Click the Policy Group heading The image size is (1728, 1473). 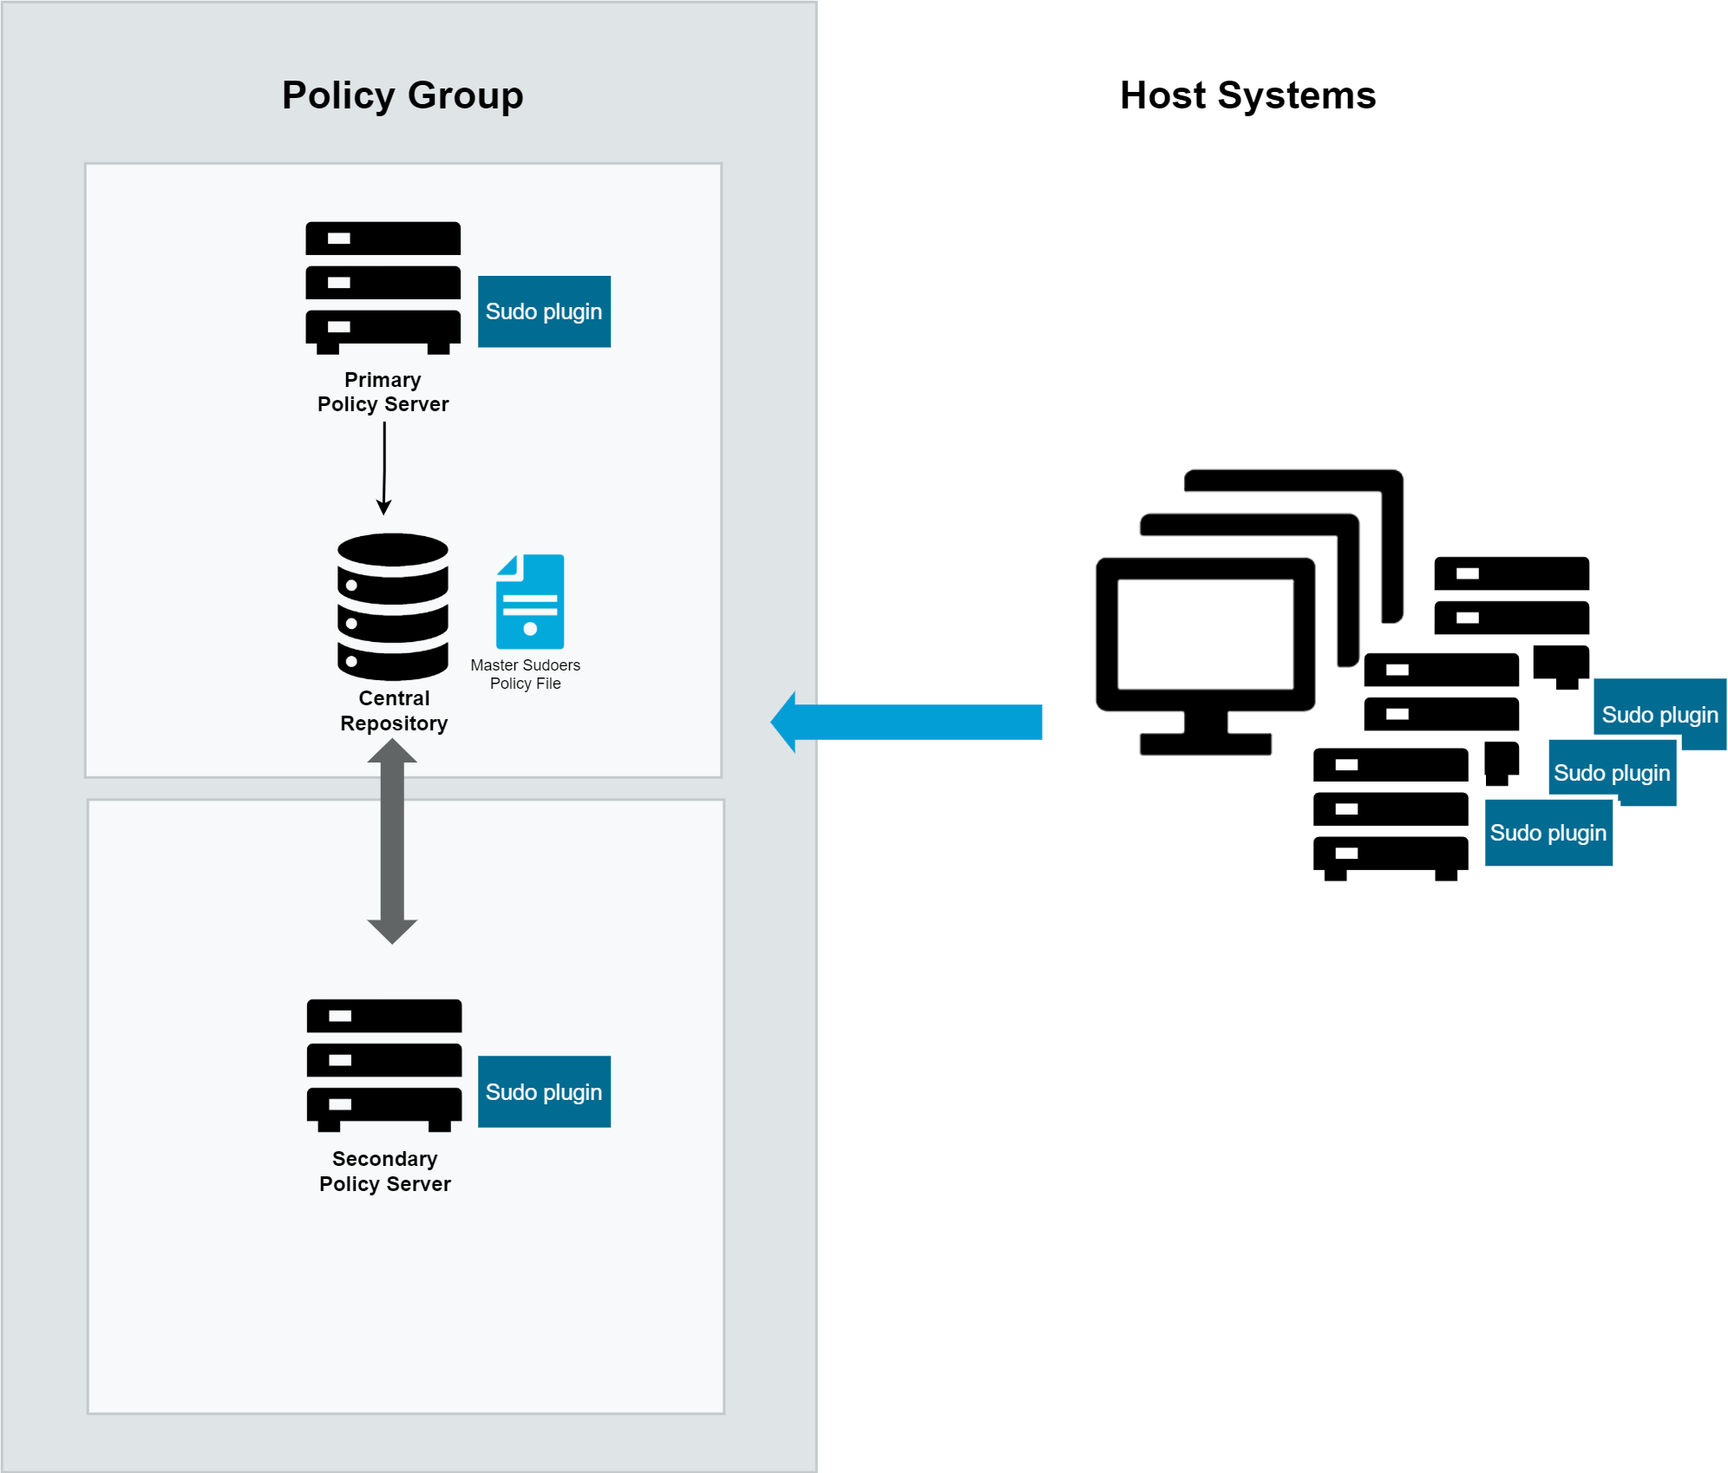tap(403, 95)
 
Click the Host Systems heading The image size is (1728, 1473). tap(1247, 95)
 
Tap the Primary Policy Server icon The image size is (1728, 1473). tap(383, 288)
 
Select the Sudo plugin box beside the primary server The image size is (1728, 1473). tap(544, 311)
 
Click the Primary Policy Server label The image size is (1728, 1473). tap(383, 392)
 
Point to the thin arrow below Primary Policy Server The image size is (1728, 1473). tap(384, 468)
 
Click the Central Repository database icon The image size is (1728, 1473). tap(393, 606)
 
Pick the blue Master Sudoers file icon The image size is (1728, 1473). tap(530, 601)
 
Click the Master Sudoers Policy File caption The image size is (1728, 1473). tap(525, 674)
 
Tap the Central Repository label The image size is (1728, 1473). tap(394, 710)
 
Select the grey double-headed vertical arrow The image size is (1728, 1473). tap(392, 841)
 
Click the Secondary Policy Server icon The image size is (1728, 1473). tap(384, 1065)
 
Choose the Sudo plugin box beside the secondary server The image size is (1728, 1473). tap(544, 1091)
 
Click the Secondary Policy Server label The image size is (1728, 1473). tap(384, 1171)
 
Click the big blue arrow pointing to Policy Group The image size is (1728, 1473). tap(906, 722)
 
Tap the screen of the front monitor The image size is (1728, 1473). tap(1206, 634)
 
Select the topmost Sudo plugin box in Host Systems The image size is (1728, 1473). tap(1659, 714)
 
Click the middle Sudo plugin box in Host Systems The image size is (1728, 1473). tap(1612, 772)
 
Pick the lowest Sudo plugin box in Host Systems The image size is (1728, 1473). tap(1548, 833)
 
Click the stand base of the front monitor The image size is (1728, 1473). tap(1206, 744)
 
